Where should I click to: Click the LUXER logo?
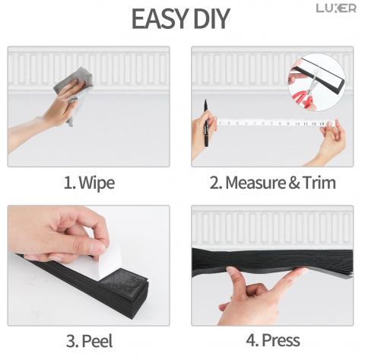coord(336,8)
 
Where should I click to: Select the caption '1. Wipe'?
coord(89,183)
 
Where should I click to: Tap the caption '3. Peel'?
coord(89,341)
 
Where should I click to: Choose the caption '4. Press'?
coord(273,340)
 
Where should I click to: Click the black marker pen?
coord(206,123)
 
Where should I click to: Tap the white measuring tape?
coord(276,123)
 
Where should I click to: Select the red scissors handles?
coord(303,97)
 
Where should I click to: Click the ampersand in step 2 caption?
coord(294,183)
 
